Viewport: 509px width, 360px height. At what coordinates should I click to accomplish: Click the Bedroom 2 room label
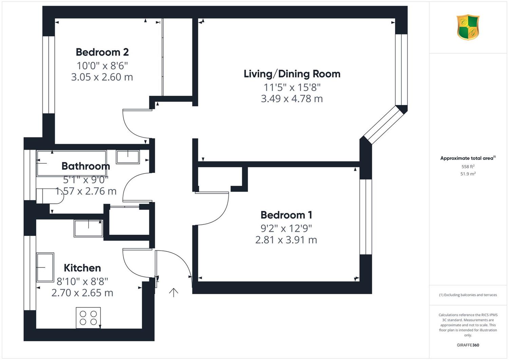[102, 52]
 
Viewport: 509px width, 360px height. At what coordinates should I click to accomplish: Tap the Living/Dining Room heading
[292, 74]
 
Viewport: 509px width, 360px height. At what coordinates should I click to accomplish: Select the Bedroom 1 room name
[286, 215]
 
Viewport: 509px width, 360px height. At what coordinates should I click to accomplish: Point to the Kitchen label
[82, 268]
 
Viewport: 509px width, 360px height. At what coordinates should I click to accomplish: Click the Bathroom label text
[86, 166]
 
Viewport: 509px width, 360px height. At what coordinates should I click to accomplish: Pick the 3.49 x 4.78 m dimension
[292, 99]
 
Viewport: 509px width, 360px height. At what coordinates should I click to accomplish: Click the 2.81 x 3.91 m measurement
[286, 240]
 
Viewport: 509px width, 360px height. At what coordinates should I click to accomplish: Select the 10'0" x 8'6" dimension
[102, 66]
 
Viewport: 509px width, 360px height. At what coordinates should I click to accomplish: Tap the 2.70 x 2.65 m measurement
[82, 293]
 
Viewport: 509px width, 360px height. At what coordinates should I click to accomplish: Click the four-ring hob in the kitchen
[88, 318]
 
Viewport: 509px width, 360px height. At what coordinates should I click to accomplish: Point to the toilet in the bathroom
[50, 196]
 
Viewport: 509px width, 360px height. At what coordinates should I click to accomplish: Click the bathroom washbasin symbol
[128, 157]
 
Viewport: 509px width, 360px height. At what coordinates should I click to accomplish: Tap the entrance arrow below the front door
[173, 292]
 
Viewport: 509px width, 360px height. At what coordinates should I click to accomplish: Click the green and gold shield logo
[468, 27]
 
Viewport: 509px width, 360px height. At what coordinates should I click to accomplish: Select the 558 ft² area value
[468, 166]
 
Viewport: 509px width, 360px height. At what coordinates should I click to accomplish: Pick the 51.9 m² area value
[468, 174]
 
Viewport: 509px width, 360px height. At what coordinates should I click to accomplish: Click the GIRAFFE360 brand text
[468, 345]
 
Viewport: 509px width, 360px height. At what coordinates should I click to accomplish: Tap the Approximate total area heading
[468, 158]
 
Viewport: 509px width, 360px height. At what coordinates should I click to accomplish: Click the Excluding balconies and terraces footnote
[468, 295]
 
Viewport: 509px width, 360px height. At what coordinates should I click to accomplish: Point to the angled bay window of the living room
[384, 125]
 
